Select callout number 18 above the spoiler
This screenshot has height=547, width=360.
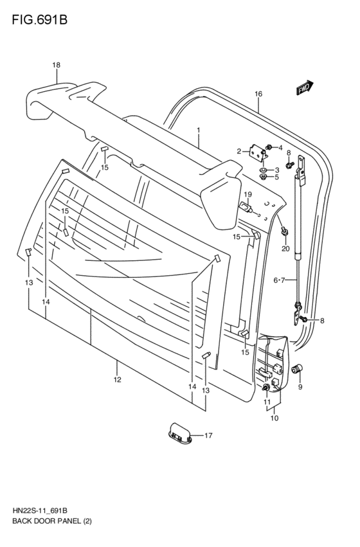coord(56,65)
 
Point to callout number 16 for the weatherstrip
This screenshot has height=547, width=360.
coord(258,94)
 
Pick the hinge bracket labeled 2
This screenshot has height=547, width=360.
coord(258,153)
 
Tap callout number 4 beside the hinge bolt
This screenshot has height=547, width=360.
coord(280,148)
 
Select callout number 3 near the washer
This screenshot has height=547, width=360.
coord(276,170)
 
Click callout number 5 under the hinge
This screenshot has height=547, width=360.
coord(276,177)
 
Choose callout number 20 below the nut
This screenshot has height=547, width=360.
coord(285,248)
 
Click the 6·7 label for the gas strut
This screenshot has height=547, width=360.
coord(280,280)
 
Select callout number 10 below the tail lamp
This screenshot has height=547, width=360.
coord(274,418)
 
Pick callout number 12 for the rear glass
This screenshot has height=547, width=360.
coord(117,380)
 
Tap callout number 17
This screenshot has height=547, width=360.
coord(208,436)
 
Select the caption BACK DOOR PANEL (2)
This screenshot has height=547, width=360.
coord(51,521)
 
